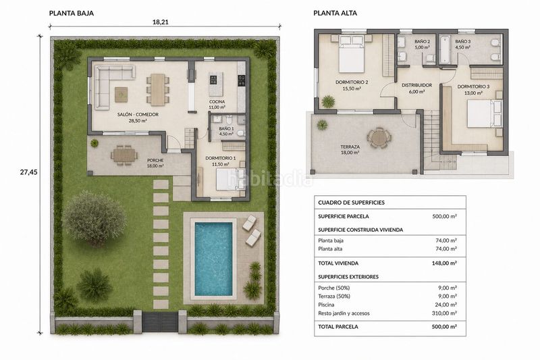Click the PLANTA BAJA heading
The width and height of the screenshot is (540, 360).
coord(72,13)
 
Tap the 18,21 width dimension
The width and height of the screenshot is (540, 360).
coord(160,22)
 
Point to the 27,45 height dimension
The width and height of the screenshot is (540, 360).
coord(28,172)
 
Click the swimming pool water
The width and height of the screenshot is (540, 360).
coord(213,259)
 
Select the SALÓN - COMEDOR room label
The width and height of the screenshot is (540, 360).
coord(138,114)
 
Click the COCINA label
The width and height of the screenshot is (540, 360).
coord(217,101)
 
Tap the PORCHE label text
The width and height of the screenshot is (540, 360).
coord(155,160)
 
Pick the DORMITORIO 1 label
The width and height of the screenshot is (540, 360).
coord(221,158)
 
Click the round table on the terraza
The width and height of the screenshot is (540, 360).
coord(379,138)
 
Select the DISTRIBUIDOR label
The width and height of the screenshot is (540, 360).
coord(416,85)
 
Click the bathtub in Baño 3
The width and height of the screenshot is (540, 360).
coord(445,49)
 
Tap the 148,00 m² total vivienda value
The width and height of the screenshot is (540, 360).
coord(444,263)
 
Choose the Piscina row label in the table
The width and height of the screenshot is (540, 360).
coord(326,305)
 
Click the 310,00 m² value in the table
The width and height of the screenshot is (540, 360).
coord(444,313)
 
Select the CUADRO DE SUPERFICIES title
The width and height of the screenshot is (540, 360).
coord(351,203)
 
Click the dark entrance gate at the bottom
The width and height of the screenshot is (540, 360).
coord(160,322)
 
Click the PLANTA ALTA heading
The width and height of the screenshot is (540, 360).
coord(335,13)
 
